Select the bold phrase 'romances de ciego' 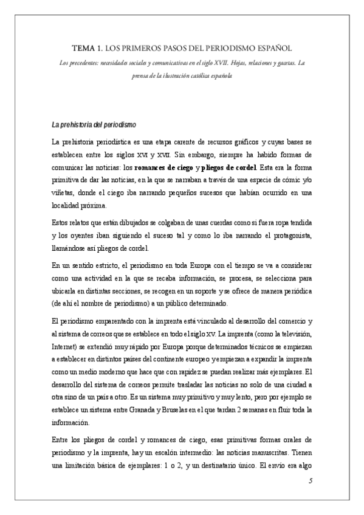pos(163,167)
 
